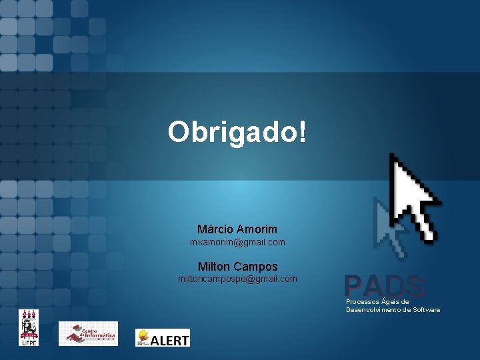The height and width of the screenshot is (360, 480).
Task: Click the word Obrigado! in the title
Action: tap(238, 132)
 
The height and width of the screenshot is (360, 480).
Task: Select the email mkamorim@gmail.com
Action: tap(237, 242)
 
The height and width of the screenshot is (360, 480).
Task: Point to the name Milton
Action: tap(213, 266)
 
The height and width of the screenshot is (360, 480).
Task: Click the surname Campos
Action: tap(255, 266)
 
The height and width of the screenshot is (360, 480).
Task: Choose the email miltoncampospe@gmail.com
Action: tap(237, 279)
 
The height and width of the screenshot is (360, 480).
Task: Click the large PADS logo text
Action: tap(385, 287)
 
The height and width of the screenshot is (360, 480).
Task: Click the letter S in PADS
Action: tap(415, 287)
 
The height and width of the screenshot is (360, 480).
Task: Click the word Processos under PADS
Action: tap(363, 302)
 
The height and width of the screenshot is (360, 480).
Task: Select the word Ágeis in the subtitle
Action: tap(391, 302)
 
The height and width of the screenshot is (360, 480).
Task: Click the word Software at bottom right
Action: tap(427, 310)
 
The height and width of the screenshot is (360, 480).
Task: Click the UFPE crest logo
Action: tap(29, 327)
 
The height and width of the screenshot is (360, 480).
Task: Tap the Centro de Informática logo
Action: tap(88, 333)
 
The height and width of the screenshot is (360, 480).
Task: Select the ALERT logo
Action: tap(163, 337)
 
